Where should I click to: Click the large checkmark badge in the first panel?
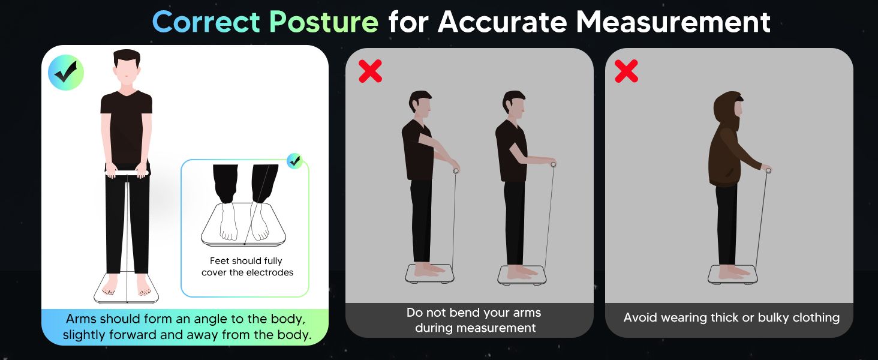pos(66,73)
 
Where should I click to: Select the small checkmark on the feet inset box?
pos(294,160)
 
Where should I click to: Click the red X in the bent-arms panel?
pos(370,71)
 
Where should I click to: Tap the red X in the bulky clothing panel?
pos(627,71)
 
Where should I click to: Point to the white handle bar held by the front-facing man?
pos(127,173)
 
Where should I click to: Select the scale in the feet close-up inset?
pos(243,228)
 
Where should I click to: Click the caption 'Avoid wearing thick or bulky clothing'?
pos(731,318)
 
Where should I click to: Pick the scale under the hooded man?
pos(733,274)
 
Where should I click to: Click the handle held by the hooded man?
pos(768,171)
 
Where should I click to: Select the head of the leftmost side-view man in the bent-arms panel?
pos(421,104)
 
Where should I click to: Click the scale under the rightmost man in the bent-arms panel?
pos(521,275)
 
